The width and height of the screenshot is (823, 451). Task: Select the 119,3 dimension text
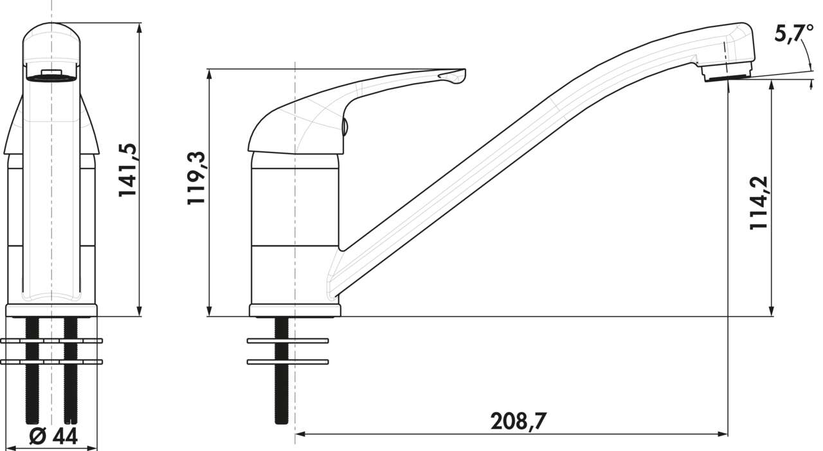pyautogui.click(x=196, y=178)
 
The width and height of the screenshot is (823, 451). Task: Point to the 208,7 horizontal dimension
pyautogui.click(x=518, y=421)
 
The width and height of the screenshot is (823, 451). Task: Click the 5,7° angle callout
pyautogui.click(x=789, y=35)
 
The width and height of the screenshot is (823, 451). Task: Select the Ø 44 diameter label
pyautogui.click(x=54, y=437)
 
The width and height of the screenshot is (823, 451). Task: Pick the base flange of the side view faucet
pyautogui.click(x=295, y=311)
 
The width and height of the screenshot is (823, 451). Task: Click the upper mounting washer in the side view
pyautogui.click(x=287, y=340)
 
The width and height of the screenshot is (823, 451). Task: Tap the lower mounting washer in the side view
pyautogui.click(x=287, y=362)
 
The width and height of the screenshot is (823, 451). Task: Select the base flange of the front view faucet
pyautogui.click(x=51, y=311)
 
